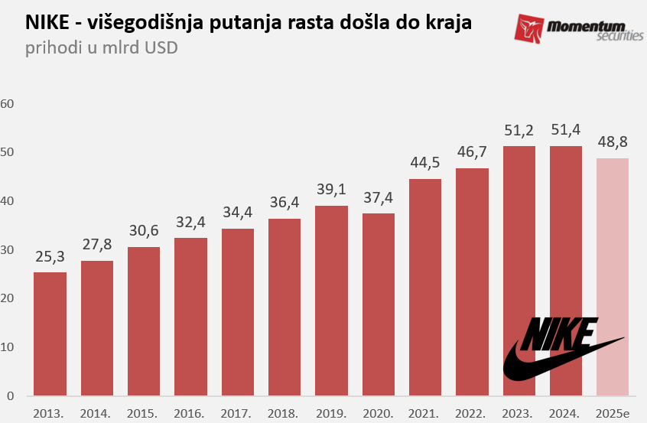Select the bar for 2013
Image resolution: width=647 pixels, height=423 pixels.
coord(50,334)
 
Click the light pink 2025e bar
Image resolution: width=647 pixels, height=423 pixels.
coord(612,277)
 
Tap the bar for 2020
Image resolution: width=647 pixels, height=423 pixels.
coord(378,304)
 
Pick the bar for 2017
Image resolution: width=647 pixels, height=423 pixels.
coord(237,312)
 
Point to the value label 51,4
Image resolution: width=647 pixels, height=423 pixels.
coord(565,130)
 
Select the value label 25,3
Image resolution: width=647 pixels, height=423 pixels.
coord(50,256)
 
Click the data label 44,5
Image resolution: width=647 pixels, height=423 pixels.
coord(424,163)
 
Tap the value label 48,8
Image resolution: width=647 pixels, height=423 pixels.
coord(612,142)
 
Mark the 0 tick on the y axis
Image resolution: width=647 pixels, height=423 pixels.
coord(11,396)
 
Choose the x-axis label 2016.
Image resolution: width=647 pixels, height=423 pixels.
coord(190,414)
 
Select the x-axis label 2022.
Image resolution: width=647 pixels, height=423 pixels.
coord(471,414)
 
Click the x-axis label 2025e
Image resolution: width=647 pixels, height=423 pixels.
coord(612,414)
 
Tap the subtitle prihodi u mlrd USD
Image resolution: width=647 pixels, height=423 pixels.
coord(101,49)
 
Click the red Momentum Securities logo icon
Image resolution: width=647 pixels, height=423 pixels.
coord(530,29)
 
